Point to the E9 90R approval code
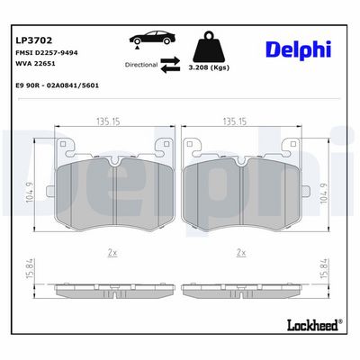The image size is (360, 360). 57,85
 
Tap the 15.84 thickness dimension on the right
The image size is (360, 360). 325,268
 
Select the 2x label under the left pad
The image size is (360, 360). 112,254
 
